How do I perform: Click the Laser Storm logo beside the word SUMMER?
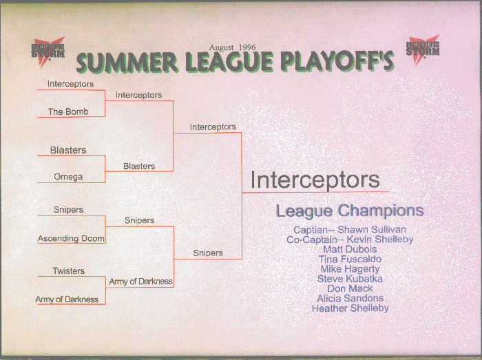pyautogui.click(x=48, y=52)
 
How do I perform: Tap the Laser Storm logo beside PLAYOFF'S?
pyautogui.click(x=423, y=50)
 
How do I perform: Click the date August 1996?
pyautogui.click(x=233, y=47)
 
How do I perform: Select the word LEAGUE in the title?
pyautogui.click(x=229, y=62)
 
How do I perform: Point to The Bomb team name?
pyautogui.click(x=68, y=112)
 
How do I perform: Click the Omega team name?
pyautogui.click(x=68, y=177)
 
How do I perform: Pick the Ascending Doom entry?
pyautogui.click(x=71, y=238)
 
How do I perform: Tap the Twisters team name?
pyautogui.click(x=69, y=271)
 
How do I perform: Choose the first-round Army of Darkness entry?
pyautogui.click(x=67, y=299)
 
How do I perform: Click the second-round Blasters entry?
pyautogui.click(x=139, y=166)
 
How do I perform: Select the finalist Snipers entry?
pyautogui.click(x=208, y=253)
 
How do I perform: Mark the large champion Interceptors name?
pyautogui.click(x=315, y=180)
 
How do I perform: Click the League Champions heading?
pyautogui.click(x=350, y=211)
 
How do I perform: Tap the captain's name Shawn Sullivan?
pyautogui.click(x=372, y=229)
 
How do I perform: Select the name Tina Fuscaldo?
pyautogui.click(x=350, y=259)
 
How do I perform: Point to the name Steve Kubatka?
pyautogui.click(x=350, y=279)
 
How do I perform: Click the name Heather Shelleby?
pyautogui.click(x=350, y=308)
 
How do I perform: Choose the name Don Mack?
pyautogui.click(x=350, y=288)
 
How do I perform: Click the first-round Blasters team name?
pyautogui.click(x=68, y=150)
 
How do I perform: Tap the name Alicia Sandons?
pyautogui.click(x=350, y=298)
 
